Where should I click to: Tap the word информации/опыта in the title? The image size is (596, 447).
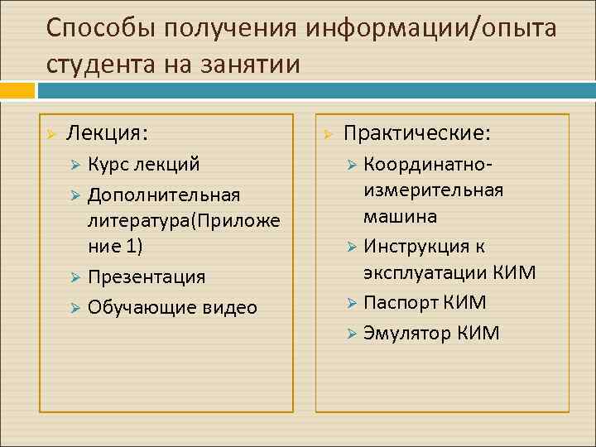pos(431,30)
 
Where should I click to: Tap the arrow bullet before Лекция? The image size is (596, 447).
pos(51,134)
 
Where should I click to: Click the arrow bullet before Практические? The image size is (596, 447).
pos(328,134)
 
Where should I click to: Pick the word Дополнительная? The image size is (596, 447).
pos(164,195)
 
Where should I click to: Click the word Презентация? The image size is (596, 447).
pos(147,276)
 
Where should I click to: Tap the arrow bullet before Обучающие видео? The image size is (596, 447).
pos(74,308)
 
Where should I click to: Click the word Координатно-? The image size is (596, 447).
pos(429,165)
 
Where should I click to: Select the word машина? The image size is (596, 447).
pos(400,217)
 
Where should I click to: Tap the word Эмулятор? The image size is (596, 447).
pos(407,334)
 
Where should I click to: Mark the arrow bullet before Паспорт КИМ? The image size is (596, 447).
pos(351,304)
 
